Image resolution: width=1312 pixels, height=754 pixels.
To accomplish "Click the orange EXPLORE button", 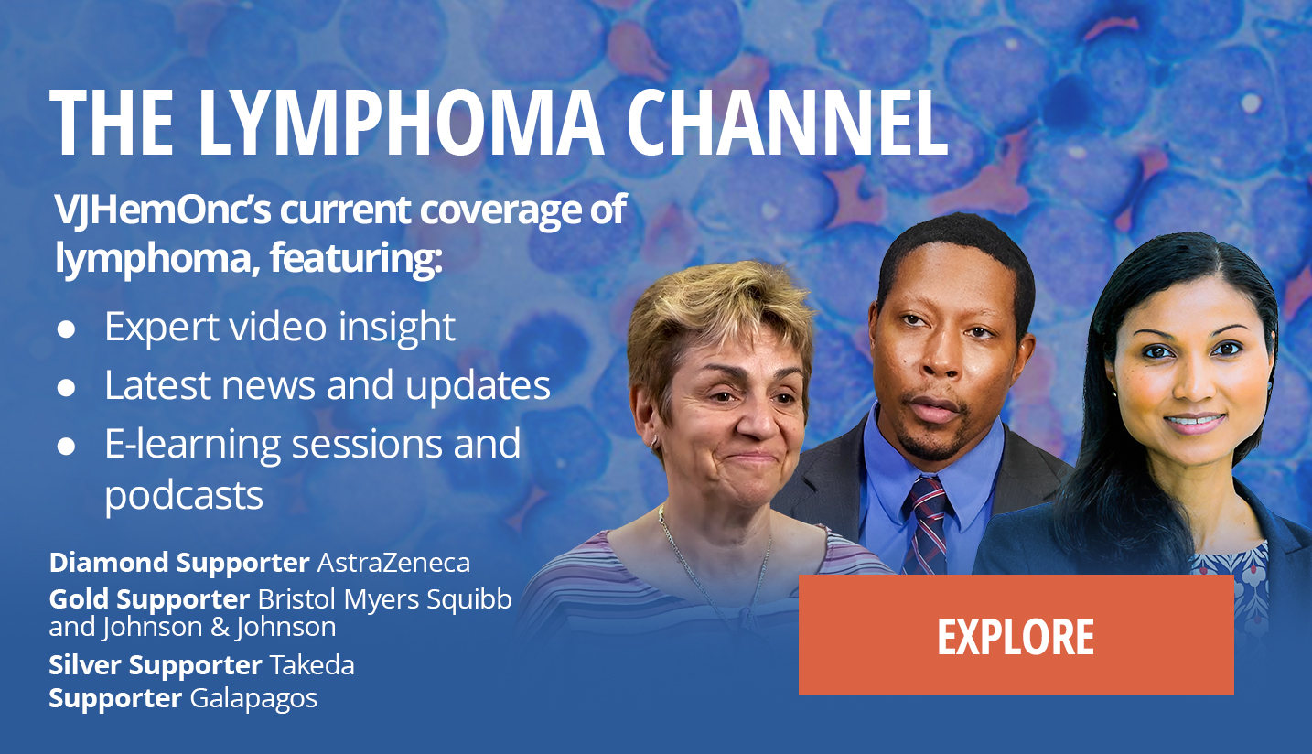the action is pyautogui.click(x=1016, y=635).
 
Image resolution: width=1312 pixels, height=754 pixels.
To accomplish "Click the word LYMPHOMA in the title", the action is pyautogui.click(x=402, y=123).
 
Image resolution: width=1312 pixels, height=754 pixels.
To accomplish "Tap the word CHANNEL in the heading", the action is pyautogui.click(x=788, y=123).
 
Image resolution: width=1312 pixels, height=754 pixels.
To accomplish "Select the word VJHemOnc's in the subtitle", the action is pyautogui.click(x=163, y=210).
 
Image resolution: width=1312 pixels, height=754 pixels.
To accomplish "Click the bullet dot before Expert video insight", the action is pyautogui.click(x=66, y=329).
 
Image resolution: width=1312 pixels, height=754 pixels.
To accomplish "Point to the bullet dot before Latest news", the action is pyautogui.click(x=66, y=388).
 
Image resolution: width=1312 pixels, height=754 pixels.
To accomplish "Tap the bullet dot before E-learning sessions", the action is pyautogui.click(x=66, y=446).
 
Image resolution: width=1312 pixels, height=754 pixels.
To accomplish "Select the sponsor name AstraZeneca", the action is pyautogui.click(x=393, y=563).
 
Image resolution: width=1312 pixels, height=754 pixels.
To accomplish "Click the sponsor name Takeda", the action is pyautogui.click(x=312, y=665).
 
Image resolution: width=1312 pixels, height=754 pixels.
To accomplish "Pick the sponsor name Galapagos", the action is pyautogui.click(x=253, y=699).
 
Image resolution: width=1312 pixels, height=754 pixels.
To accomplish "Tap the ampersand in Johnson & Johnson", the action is pyautogui.click(x=220, y=627).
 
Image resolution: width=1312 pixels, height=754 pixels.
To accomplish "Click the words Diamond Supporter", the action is pyautogui.click(x=179, y=563).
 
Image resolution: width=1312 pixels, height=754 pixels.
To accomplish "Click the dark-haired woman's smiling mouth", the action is pyautogui.click(x=1195, y=423).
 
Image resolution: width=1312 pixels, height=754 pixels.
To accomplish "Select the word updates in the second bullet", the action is pyautogui.click(x=478, y=387).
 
